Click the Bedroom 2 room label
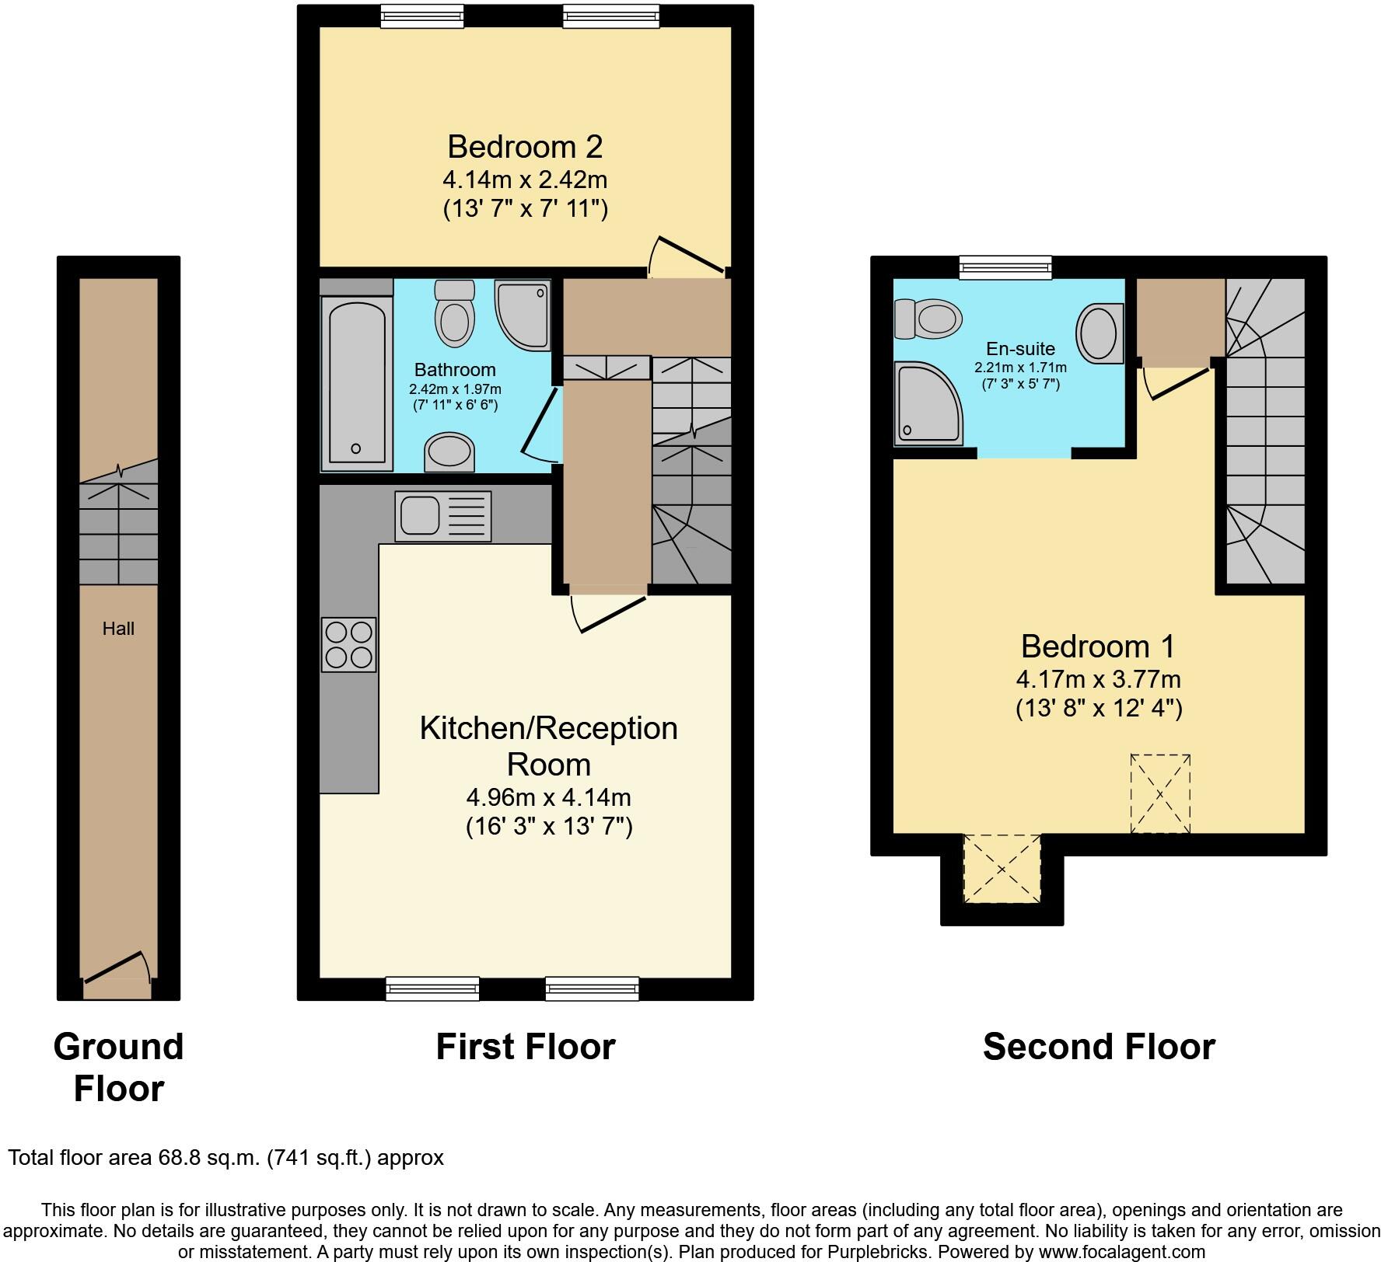(525, 147)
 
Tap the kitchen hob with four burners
(349, 644)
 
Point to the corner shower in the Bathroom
(521, 314)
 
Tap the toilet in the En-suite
(928, 319)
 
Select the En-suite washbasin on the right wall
(1100, 333)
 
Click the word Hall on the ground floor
(118, 629)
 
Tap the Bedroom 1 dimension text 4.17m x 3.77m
(1098, 679)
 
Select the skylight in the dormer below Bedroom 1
(1002, 869)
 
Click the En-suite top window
(1005, 267)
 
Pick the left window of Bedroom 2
(422, 16)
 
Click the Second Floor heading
(1098, 1047)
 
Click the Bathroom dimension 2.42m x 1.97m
(455, 389)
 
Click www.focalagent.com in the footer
(1119, 1252)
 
